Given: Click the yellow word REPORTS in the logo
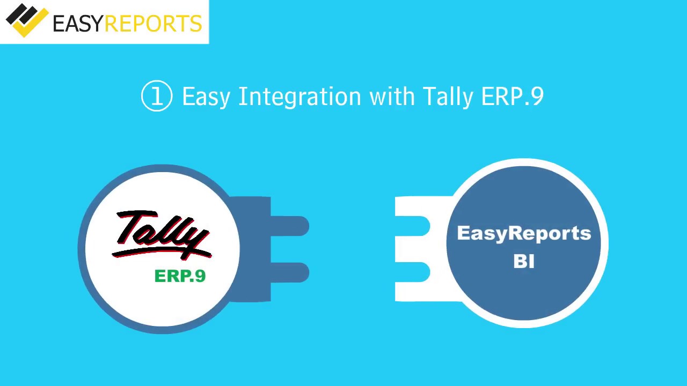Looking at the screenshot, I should click(x=153, y=23).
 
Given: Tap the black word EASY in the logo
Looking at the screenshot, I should click(x=78, y=23).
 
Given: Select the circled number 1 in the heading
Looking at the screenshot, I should click(x=157, y=96).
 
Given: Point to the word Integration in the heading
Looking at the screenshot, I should click(x=299, y=96).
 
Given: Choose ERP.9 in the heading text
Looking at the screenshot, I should click(x=513, y=96).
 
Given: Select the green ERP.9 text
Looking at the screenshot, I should click(x=180, y=276).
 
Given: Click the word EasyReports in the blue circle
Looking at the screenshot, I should click(x=524, y=233).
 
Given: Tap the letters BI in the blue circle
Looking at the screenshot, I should click(x=524, y=262).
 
